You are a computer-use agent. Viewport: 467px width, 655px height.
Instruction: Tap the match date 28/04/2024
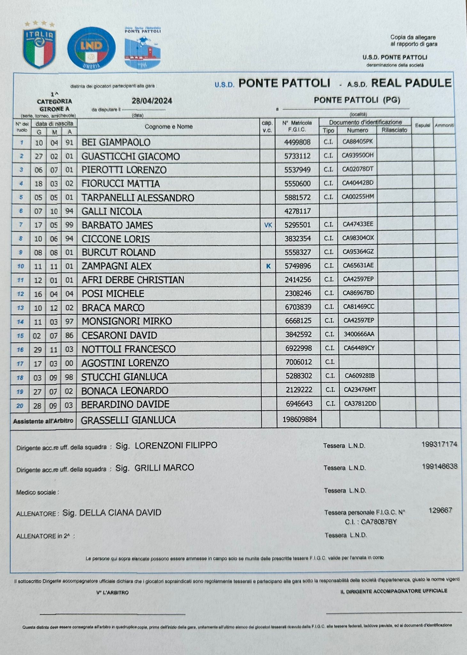pyautogui.click(x=152, y=101)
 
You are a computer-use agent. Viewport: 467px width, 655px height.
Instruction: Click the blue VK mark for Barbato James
pyautogui.click(x=268, y=225)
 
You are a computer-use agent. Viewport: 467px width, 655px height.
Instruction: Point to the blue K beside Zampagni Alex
pyautogui.click(x=268, y=266)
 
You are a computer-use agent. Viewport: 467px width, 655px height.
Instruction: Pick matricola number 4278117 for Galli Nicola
pyautogui.click(x=297, y=211)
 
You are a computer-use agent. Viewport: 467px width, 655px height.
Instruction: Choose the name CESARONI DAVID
pyautogui.click(x=119, y=335)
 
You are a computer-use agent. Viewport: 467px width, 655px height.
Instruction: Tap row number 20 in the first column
pyautogui.click(x=20, y=406)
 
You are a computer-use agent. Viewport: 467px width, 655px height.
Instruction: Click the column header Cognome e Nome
pyautogui.click(x=169, y=127)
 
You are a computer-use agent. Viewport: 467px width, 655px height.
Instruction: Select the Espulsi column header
pyautogui.click(x=422, y=126)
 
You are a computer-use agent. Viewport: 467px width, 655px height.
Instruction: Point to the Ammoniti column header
pyautogui.click(x=444, y=126)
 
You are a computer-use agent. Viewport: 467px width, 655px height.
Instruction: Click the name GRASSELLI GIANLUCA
pyautogui.click(x=128, y=420)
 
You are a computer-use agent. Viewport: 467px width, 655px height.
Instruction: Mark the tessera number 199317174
pyautogui.click(x=439, y=444)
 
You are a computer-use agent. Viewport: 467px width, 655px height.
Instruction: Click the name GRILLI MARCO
pyautogui.click(x=164, y=468)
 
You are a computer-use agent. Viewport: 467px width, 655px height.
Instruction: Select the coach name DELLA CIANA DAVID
pyautogui.click(x=120, y=513)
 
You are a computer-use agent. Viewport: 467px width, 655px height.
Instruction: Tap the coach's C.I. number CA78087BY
pyautogui.click(x=379, y=522)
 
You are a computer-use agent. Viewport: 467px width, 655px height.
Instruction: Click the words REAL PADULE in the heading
pyautogui.click(x=411, y=83)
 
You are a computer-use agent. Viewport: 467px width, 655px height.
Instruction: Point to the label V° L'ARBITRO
pyautogui.click(x=113, y=593)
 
